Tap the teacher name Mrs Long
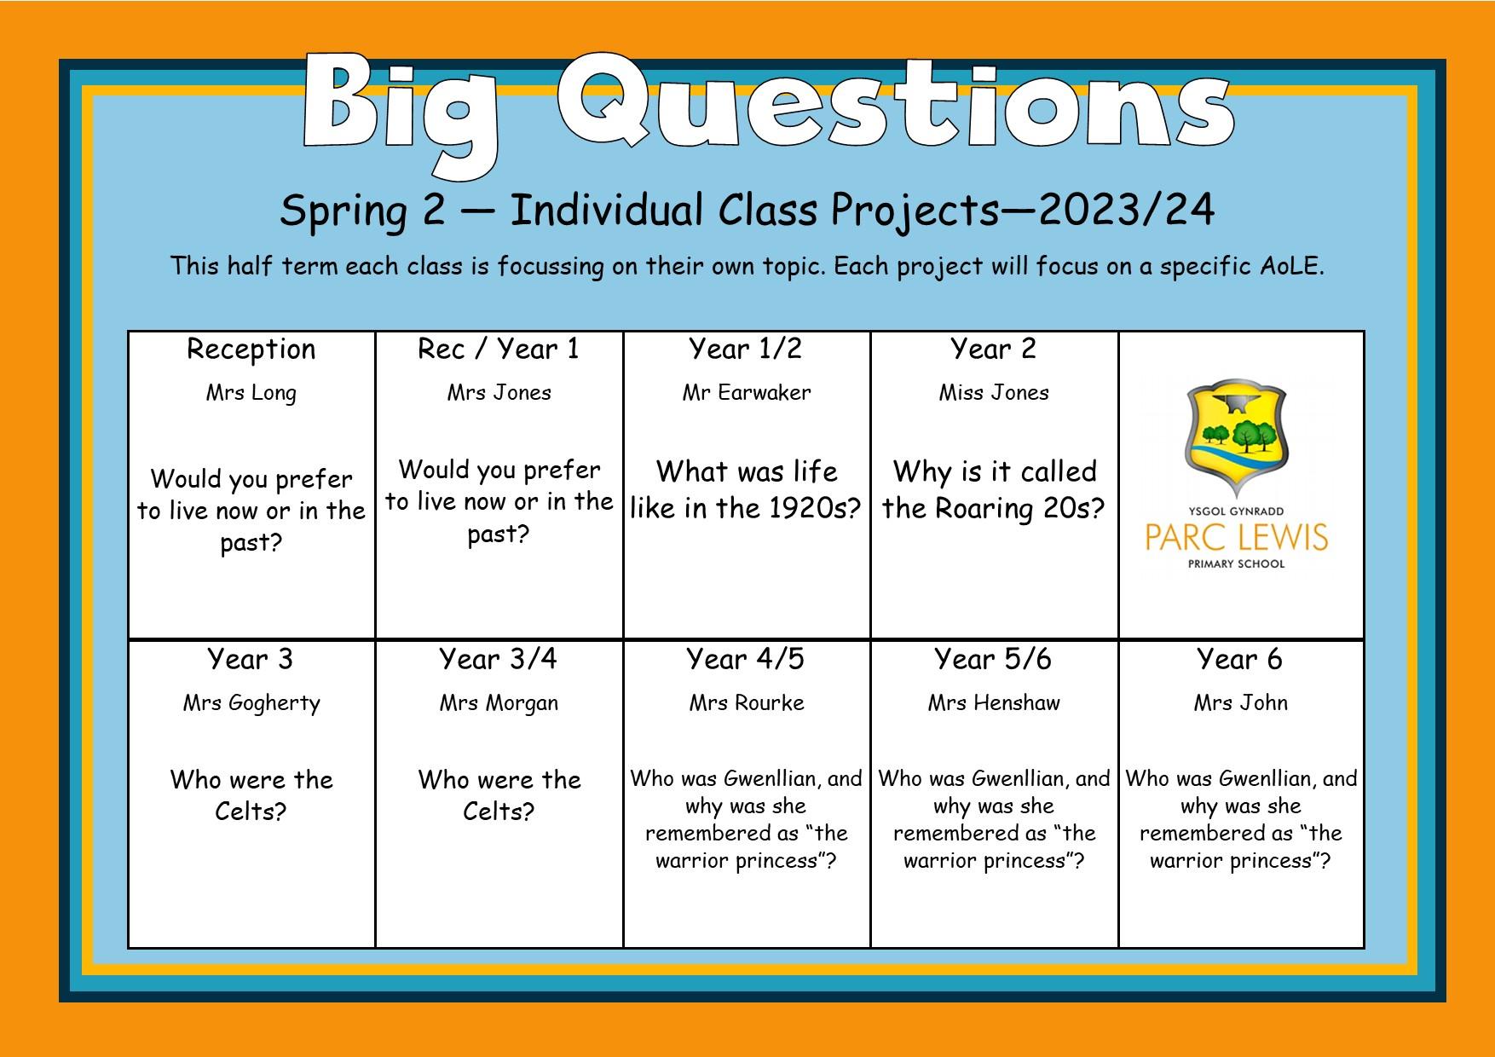coord(251,394)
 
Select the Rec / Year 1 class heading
coord(499,349)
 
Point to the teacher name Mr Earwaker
coord(747,393)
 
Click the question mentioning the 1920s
coord(746,489)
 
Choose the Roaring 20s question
coord(994,489)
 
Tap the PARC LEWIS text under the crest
coord(1237,538)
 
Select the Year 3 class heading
coord(251,659)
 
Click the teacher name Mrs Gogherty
coord(251,704)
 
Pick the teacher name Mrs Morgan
coord(499,704)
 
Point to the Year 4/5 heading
coord(746,659)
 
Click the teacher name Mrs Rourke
coord(747,703)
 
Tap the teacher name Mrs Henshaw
coord(994,703)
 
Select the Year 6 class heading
coord(1240,659)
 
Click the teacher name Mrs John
coord(1241,703)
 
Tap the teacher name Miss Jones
coord(994,393)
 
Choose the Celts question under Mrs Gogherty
coord(251,795)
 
